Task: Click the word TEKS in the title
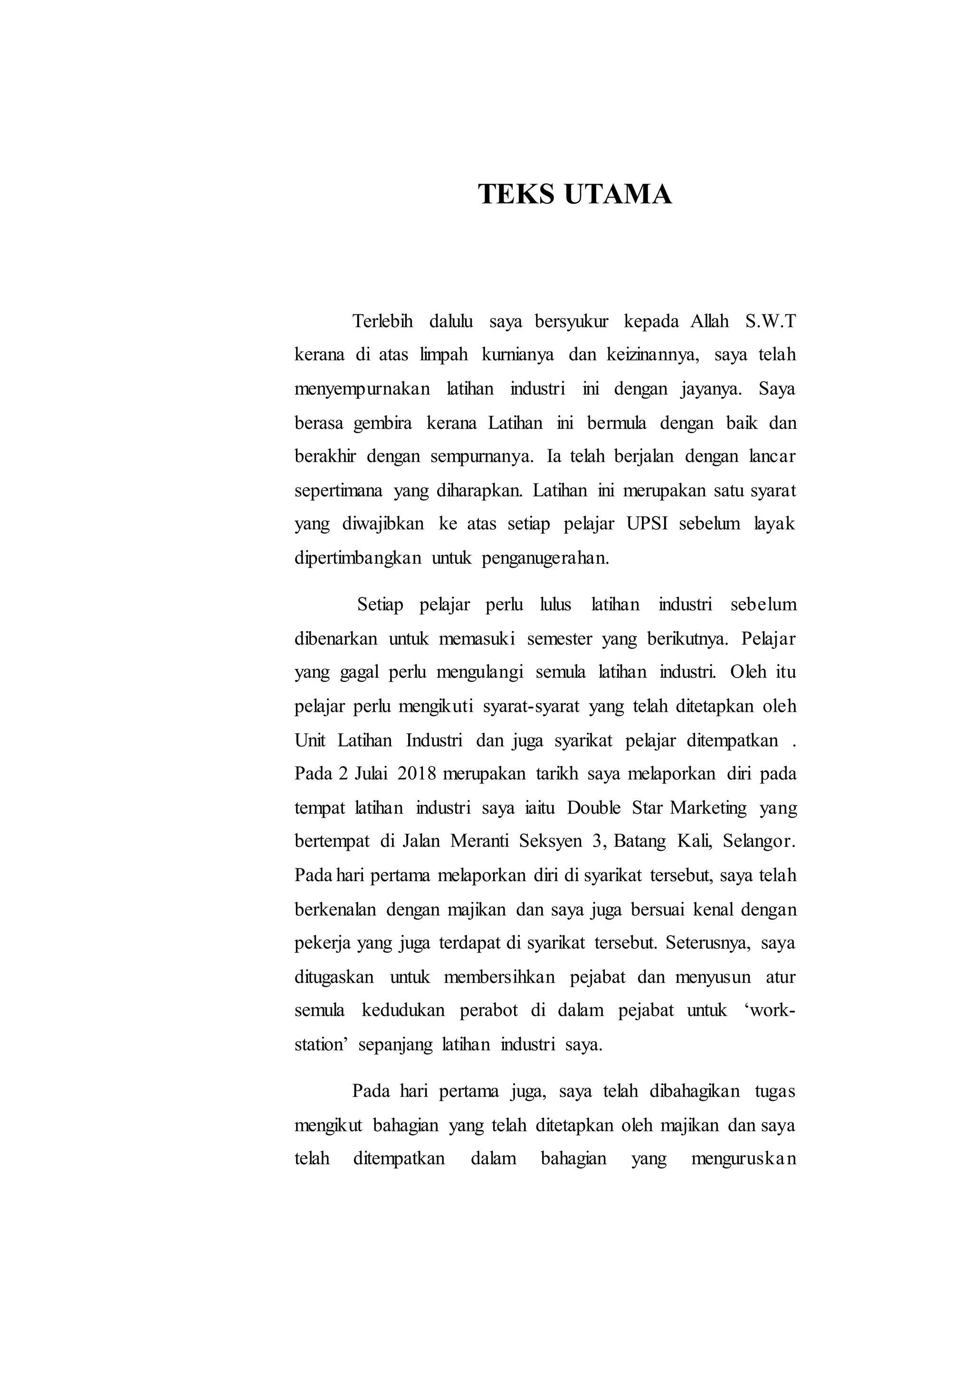(x=516, y=195)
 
